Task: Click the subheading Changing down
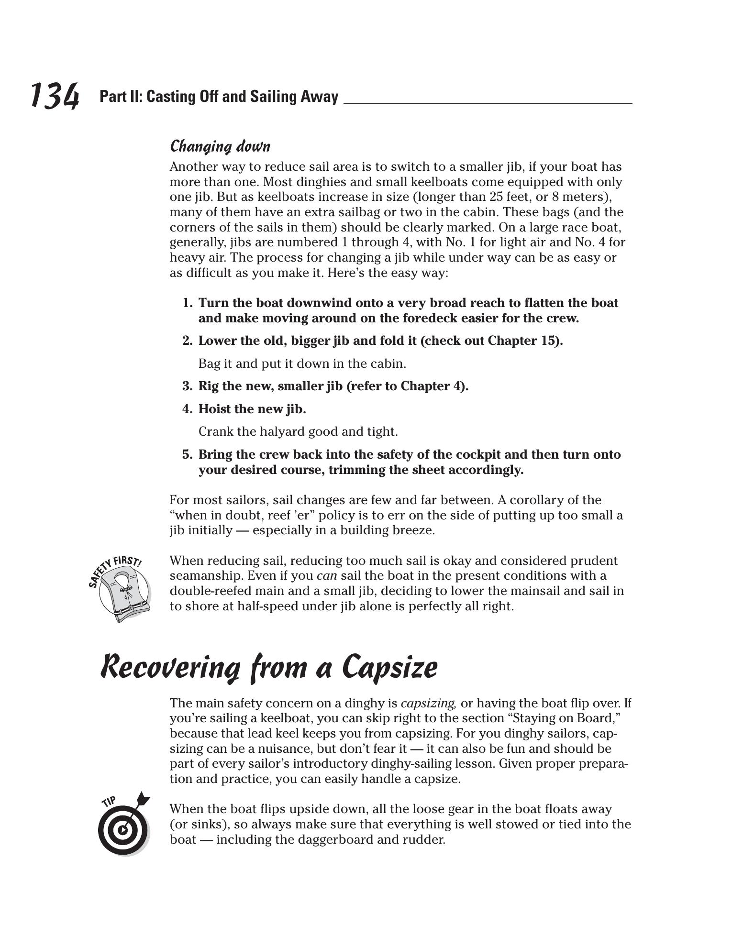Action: (220, 146)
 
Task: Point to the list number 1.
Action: (187, 303)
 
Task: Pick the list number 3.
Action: (187, 386)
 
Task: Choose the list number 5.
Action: (187, 455)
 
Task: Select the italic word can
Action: (327, 576)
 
